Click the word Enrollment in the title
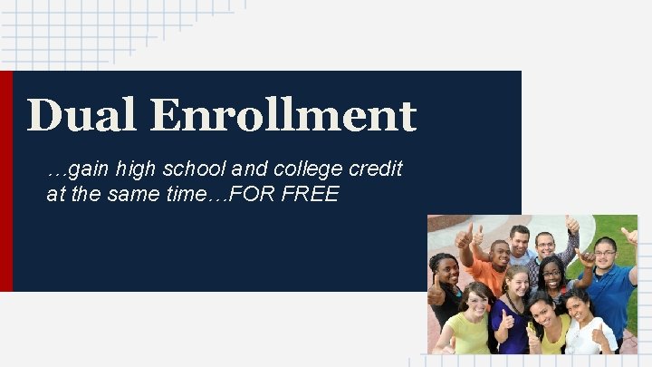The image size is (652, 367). [x=283, y=116]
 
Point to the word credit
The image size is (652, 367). [x=379, y=169]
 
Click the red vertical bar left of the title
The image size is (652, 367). [x=6, y=181]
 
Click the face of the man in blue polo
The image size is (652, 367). [x=605, y=252]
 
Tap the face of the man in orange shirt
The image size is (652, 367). [x=499, y=255]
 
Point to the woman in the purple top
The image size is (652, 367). [x=513, y=313]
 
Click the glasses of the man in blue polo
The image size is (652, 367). [x=605, y=251]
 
